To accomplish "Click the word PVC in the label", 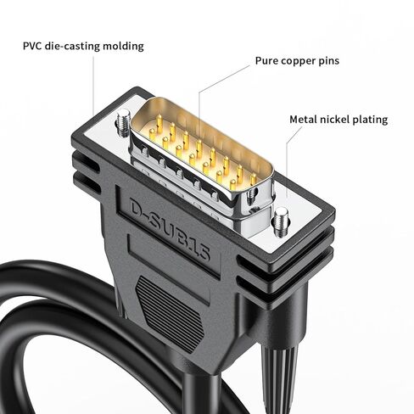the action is pos(32,46).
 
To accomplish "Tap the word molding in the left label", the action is pos(123,47).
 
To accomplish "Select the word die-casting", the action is pos(72,47).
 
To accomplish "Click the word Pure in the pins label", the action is pos(266,61).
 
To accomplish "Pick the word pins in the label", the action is pos(329,62).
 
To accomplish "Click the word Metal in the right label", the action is pos(303,120).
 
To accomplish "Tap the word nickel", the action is pos(331,120).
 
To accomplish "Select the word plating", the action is pos(366,120).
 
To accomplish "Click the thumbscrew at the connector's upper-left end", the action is pos(123,122).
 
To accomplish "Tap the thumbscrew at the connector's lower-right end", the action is pos(280,221).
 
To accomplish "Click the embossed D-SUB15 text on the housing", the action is pos(170,229).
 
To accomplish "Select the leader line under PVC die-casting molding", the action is pos(93,87).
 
